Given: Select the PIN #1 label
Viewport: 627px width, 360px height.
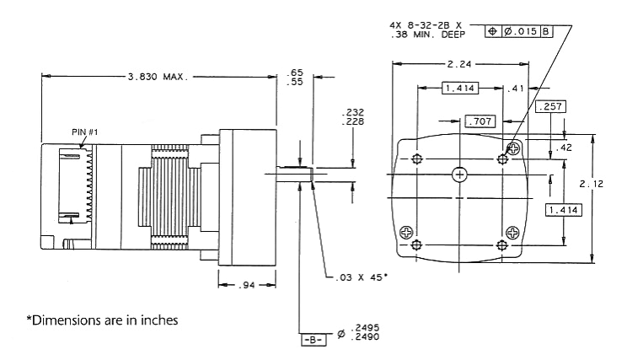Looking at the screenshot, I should [x=85, y=132].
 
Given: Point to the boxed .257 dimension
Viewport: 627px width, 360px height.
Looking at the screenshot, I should [x=549, y=107].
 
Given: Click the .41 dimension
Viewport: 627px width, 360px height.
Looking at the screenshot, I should [x=515, y=87].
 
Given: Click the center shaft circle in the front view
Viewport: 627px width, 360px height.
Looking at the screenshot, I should [x=459, y=175].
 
